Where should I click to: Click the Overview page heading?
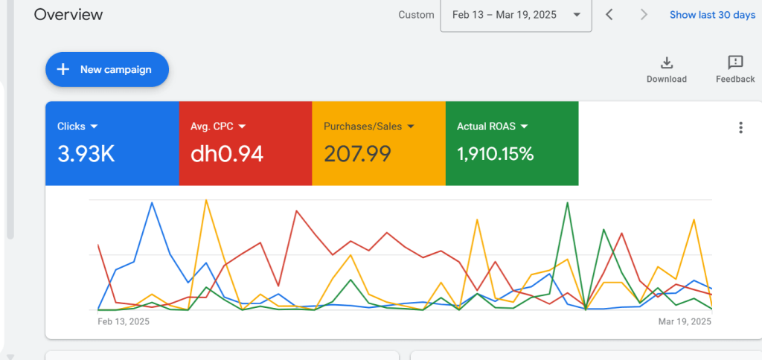click(68, 15)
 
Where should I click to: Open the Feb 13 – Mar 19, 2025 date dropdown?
click(516, 15)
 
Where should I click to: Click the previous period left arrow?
click(609, 15)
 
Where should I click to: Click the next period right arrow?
click(644, 15)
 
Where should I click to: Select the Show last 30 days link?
click(711, 15)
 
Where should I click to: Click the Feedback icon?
click(735, 62)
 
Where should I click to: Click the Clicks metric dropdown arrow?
click(95, 126)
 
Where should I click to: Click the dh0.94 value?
click(227, 154)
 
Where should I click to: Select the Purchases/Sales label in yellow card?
click(362, 126)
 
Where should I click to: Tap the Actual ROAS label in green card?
click(487, 126)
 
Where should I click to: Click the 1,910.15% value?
click(495, 154)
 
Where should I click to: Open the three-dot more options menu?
click(740, 127)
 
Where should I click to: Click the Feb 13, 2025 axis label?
click(124, 322)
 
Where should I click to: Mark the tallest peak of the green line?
click(569, 202)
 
